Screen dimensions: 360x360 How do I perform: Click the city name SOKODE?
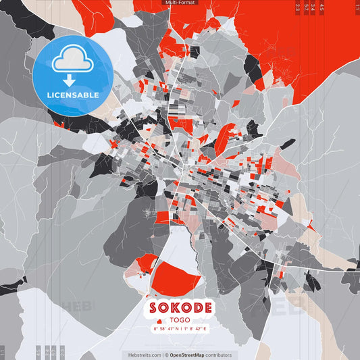(x=180, y=308)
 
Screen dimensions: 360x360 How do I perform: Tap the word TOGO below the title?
(x=180, y=320)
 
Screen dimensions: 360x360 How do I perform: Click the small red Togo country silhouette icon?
(x=159, y=320)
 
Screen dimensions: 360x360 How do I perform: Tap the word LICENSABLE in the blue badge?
(x=72, y=95)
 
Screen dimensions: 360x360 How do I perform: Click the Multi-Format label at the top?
(x=180, y=3)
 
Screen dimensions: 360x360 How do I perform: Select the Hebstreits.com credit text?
(x=145, y=355)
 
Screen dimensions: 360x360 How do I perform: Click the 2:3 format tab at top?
(x=298, y=7)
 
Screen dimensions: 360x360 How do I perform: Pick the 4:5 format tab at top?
(x=321, y=7)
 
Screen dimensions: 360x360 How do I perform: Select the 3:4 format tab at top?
(x=313, y=7)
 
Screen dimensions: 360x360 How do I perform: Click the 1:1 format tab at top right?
(x=357, y=7)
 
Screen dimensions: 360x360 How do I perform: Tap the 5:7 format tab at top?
(x=306, y=7)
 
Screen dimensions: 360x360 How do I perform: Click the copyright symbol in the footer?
(x=165, y=355)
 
